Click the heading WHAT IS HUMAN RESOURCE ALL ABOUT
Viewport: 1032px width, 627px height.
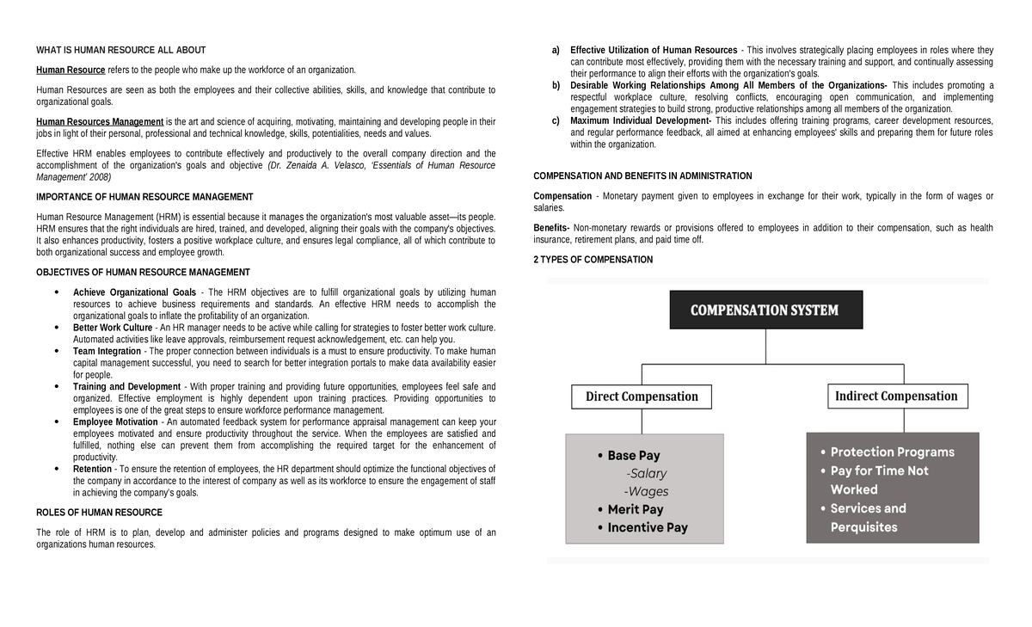[x=120, y=50]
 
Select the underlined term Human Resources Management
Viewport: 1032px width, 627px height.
[x=100, y=122]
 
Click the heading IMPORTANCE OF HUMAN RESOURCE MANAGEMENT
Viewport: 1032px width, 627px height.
[x=144, y=197]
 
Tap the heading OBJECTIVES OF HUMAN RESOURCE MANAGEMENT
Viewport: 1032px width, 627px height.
[x=143, y=273]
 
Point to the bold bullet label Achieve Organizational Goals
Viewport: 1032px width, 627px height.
[x=134, y=292]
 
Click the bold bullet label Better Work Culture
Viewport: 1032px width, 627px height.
[x=113, y=328]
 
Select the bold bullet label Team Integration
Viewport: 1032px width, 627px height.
[x=107, y=351]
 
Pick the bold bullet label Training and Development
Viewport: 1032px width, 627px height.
[x=126, y=386]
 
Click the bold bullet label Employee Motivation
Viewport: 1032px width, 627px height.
[x=115, y=421]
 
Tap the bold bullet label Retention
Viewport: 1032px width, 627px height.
[x=92, y=469]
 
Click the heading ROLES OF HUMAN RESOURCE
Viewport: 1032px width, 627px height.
[x=99, y=513]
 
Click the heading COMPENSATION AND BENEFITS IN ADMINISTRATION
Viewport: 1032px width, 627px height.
[x=642, y=176]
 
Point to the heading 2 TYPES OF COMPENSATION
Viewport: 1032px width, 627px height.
[x=593, y=260]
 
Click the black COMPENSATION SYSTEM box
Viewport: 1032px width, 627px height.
[x=765, y=310]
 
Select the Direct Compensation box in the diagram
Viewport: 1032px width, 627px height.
[x=642, y=396]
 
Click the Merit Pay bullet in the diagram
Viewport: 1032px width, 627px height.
[x=635, y=509]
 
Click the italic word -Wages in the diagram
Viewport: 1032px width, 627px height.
[x=646, y=492]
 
